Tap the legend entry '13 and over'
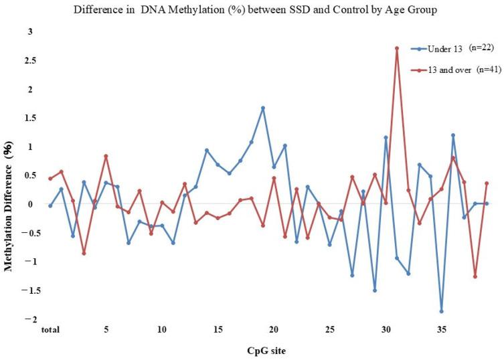pyautogui.click(x=446, y=70)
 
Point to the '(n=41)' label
pyautogui.click(x=484, y=70)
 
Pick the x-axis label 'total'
pyautogui.click(x=49, y=330)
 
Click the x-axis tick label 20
pyautogui.click(x=274, y=330)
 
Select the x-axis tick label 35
pyautogui.click(x=442, y=330)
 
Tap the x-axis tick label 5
pyautogui.click(x=106, y=330)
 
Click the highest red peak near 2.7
pyautogui.click(x=397, y=48)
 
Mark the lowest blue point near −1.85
pyautogui.click(x=442, y=311)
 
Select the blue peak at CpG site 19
pyautogui.click(x=263, y=108)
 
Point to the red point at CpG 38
pyautogui.click(x=475, y=276)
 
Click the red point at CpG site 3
pyautogui.click(x=84, y=253)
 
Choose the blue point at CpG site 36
pyautogui.click(x=453, y=135)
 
